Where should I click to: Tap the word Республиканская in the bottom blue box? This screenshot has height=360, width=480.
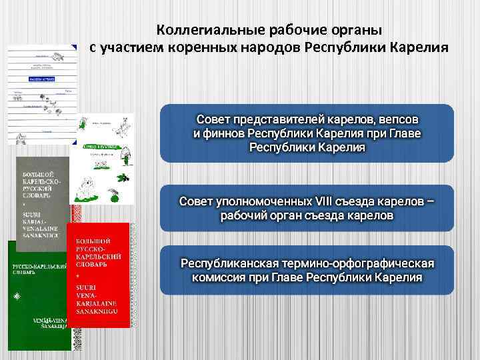tap(226, 262)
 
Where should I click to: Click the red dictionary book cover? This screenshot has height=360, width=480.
tap(97, 275)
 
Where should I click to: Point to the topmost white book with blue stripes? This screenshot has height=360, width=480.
tap(41, 93)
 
